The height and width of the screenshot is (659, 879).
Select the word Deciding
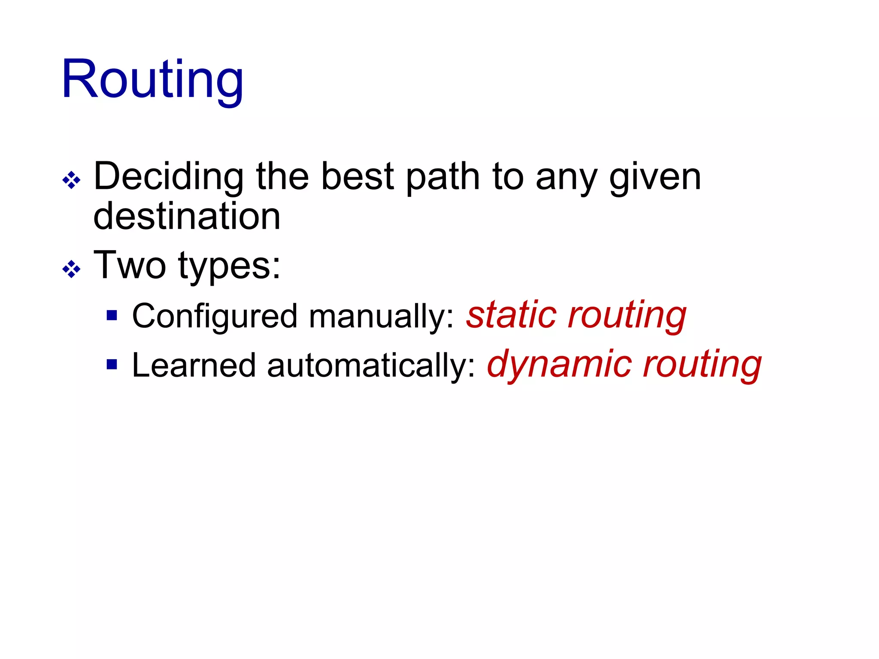169,177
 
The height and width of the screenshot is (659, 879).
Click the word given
655,177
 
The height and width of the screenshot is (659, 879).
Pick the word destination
187,216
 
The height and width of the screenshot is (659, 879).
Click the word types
229,266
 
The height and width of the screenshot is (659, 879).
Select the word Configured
215,317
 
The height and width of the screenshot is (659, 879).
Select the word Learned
194,366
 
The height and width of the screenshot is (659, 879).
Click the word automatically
371,366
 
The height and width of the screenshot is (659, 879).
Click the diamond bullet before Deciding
71,180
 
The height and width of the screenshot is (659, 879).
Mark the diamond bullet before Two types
71,269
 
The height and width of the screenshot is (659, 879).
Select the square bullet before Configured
112,316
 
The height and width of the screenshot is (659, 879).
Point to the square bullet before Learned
112,365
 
